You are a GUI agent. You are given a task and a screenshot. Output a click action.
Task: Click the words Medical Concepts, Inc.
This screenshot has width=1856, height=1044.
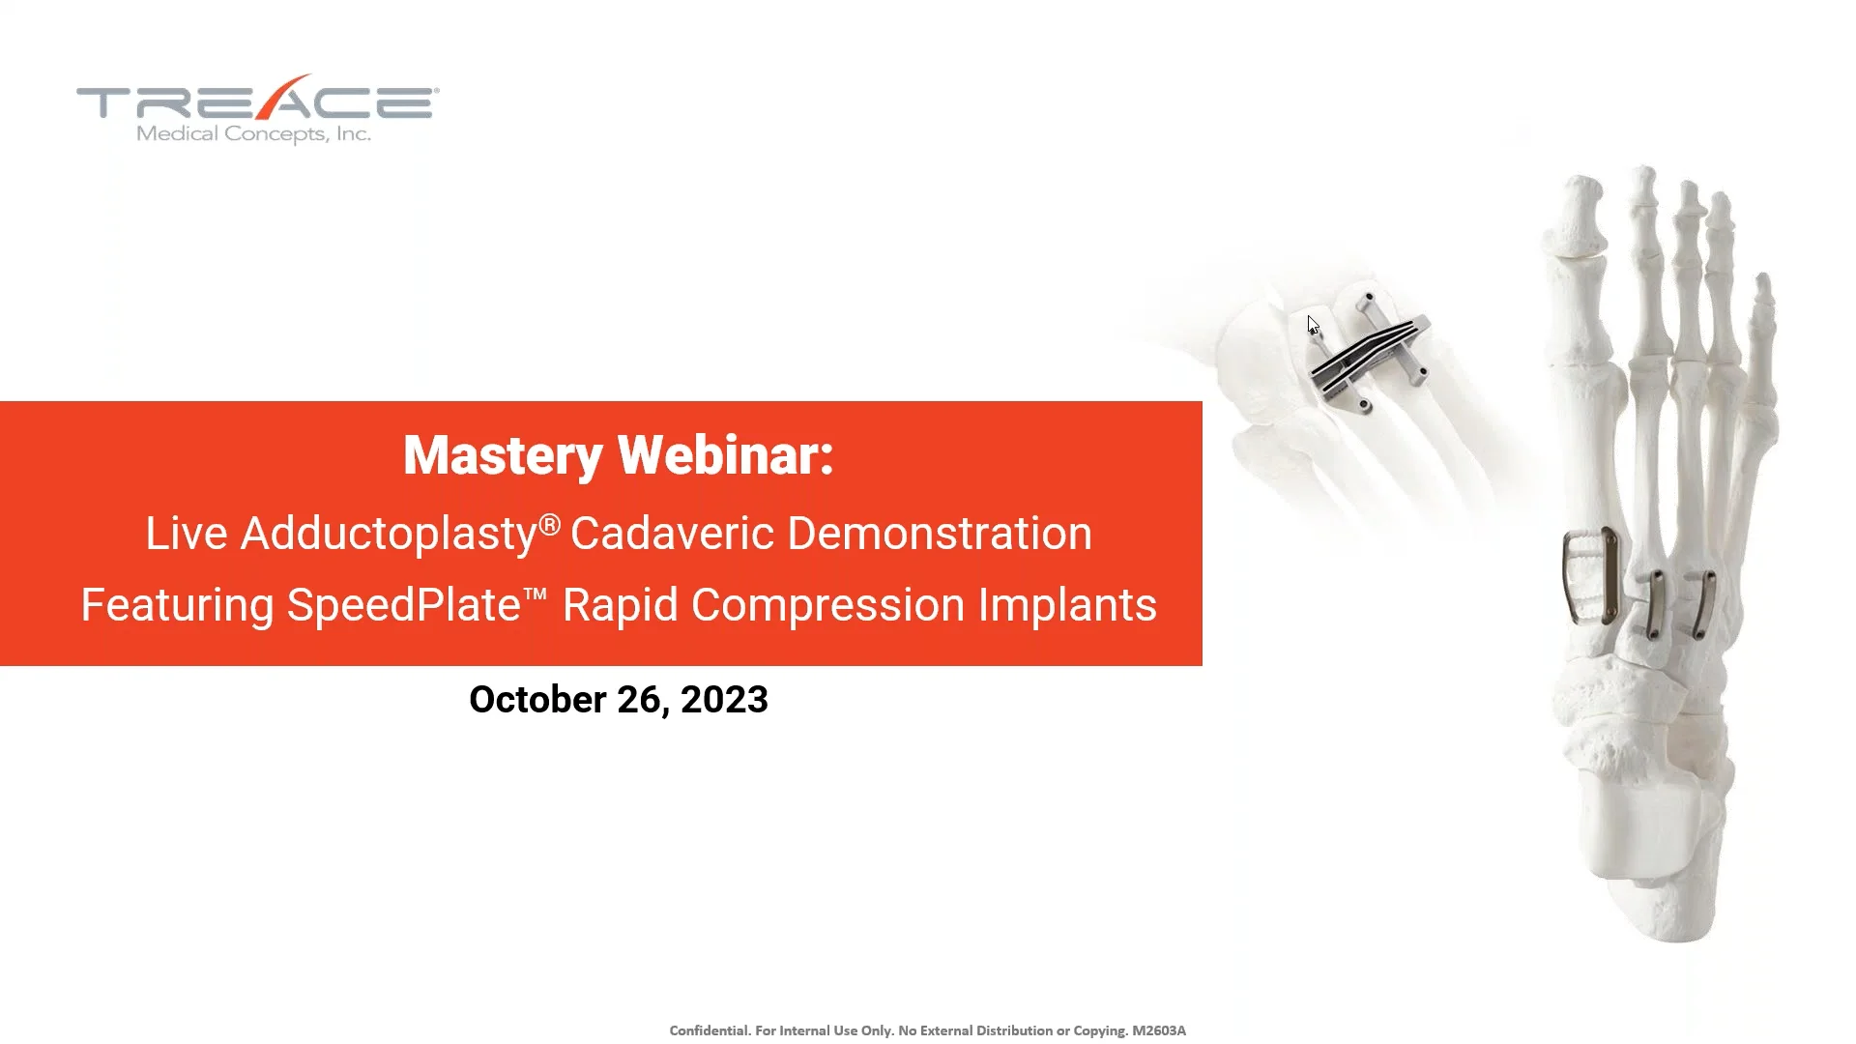(x=253, y=134)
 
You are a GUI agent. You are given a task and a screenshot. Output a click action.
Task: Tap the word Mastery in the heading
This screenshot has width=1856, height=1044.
(x=503, y=455)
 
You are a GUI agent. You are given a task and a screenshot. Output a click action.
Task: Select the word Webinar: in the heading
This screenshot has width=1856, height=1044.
(x=725, y=455)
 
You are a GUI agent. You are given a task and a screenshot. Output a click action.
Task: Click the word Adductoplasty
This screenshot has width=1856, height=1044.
(x=388, y=534)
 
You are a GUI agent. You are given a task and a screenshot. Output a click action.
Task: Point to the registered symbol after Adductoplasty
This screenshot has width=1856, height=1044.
(x=549, y=525)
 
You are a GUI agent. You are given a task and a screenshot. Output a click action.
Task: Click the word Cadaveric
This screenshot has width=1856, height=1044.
(x=671, y=534)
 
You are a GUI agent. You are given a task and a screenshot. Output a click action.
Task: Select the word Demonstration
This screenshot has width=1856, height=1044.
(x=940, y=534)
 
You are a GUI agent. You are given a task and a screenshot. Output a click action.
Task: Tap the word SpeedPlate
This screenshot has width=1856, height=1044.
(x=403, y=605)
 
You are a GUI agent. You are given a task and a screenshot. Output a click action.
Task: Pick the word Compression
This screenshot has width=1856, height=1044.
(x=827, y=605)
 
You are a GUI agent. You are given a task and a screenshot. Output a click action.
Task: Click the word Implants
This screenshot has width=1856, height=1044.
(x=1067, y=605)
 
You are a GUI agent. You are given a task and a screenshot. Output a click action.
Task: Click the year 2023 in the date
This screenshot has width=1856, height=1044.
(x=724, y=700)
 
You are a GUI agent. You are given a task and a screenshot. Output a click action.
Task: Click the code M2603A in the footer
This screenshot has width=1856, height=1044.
(x=1158, y=1030)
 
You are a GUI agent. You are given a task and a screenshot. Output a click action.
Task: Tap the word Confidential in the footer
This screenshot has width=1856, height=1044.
(x=709, y=1030)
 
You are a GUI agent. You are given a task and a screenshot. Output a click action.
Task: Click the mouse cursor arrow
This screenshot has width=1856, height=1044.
(x=1313, y=325)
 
